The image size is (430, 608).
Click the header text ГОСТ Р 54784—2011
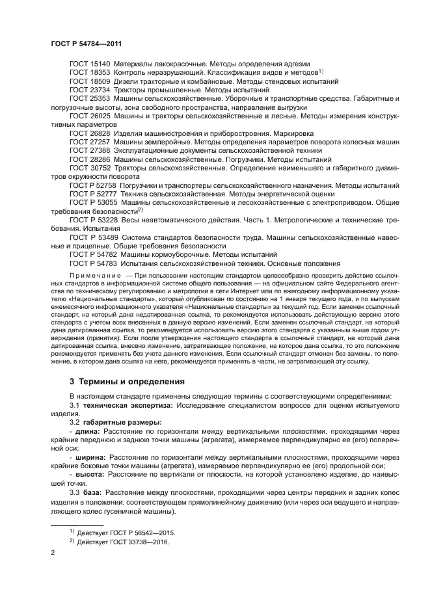pos(86,44)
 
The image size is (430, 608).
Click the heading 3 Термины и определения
pos(127,380)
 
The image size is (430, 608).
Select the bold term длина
pos(88,431)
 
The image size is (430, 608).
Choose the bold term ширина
pos(92,457)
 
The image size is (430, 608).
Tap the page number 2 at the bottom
pos(53,552)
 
